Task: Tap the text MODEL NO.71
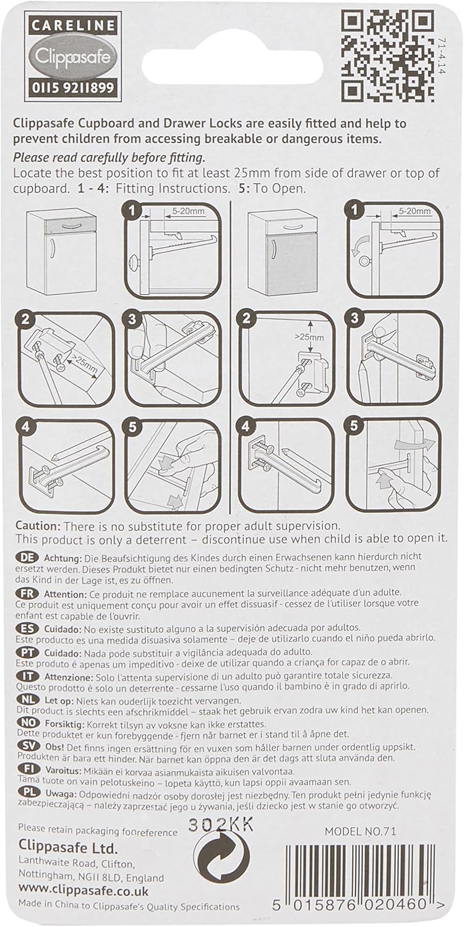[360, 831]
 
